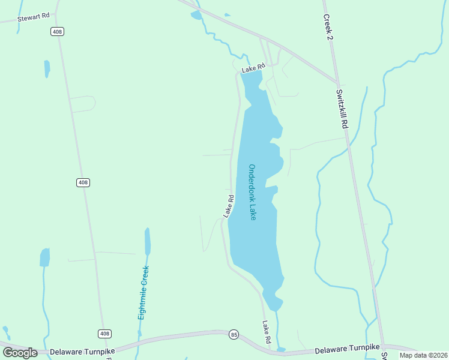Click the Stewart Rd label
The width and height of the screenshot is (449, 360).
33,18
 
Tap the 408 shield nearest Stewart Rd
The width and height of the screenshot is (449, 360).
57,31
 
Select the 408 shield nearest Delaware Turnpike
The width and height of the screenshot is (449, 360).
104,334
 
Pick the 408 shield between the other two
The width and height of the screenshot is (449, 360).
83,182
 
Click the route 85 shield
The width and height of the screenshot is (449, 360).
234,334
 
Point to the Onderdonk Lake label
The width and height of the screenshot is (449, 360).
253,192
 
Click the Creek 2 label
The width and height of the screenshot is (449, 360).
329,28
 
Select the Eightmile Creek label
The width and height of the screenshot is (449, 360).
143,293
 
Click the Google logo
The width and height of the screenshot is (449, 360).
20,353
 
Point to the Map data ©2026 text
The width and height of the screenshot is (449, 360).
423,355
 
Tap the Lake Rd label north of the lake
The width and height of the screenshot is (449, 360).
253,70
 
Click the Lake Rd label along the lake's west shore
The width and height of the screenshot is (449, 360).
228,206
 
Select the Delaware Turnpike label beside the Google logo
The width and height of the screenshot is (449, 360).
82,352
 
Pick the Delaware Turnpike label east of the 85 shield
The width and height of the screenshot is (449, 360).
348,349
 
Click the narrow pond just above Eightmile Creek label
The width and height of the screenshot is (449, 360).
147,241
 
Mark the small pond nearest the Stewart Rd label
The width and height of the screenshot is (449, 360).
47,68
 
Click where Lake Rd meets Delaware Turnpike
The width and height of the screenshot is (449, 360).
271,350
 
